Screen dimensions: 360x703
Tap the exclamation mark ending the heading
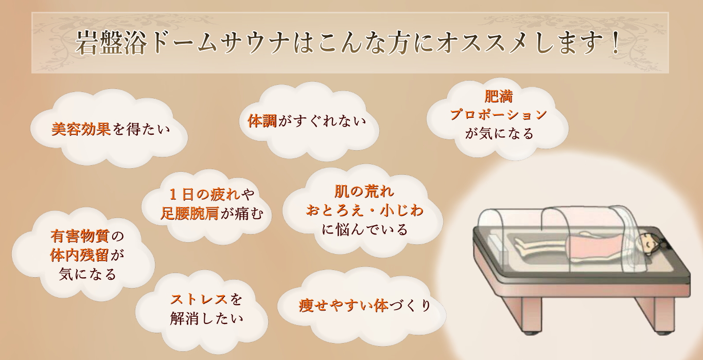point(614,43)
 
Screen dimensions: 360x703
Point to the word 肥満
point(498,97)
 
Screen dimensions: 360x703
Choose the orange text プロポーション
point(498,115)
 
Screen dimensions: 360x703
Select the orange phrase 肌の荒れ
point(364,192)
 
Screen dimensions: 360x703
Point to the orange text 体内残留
point(80,255)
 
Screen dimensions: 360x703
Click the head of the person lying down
point(651,241)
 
